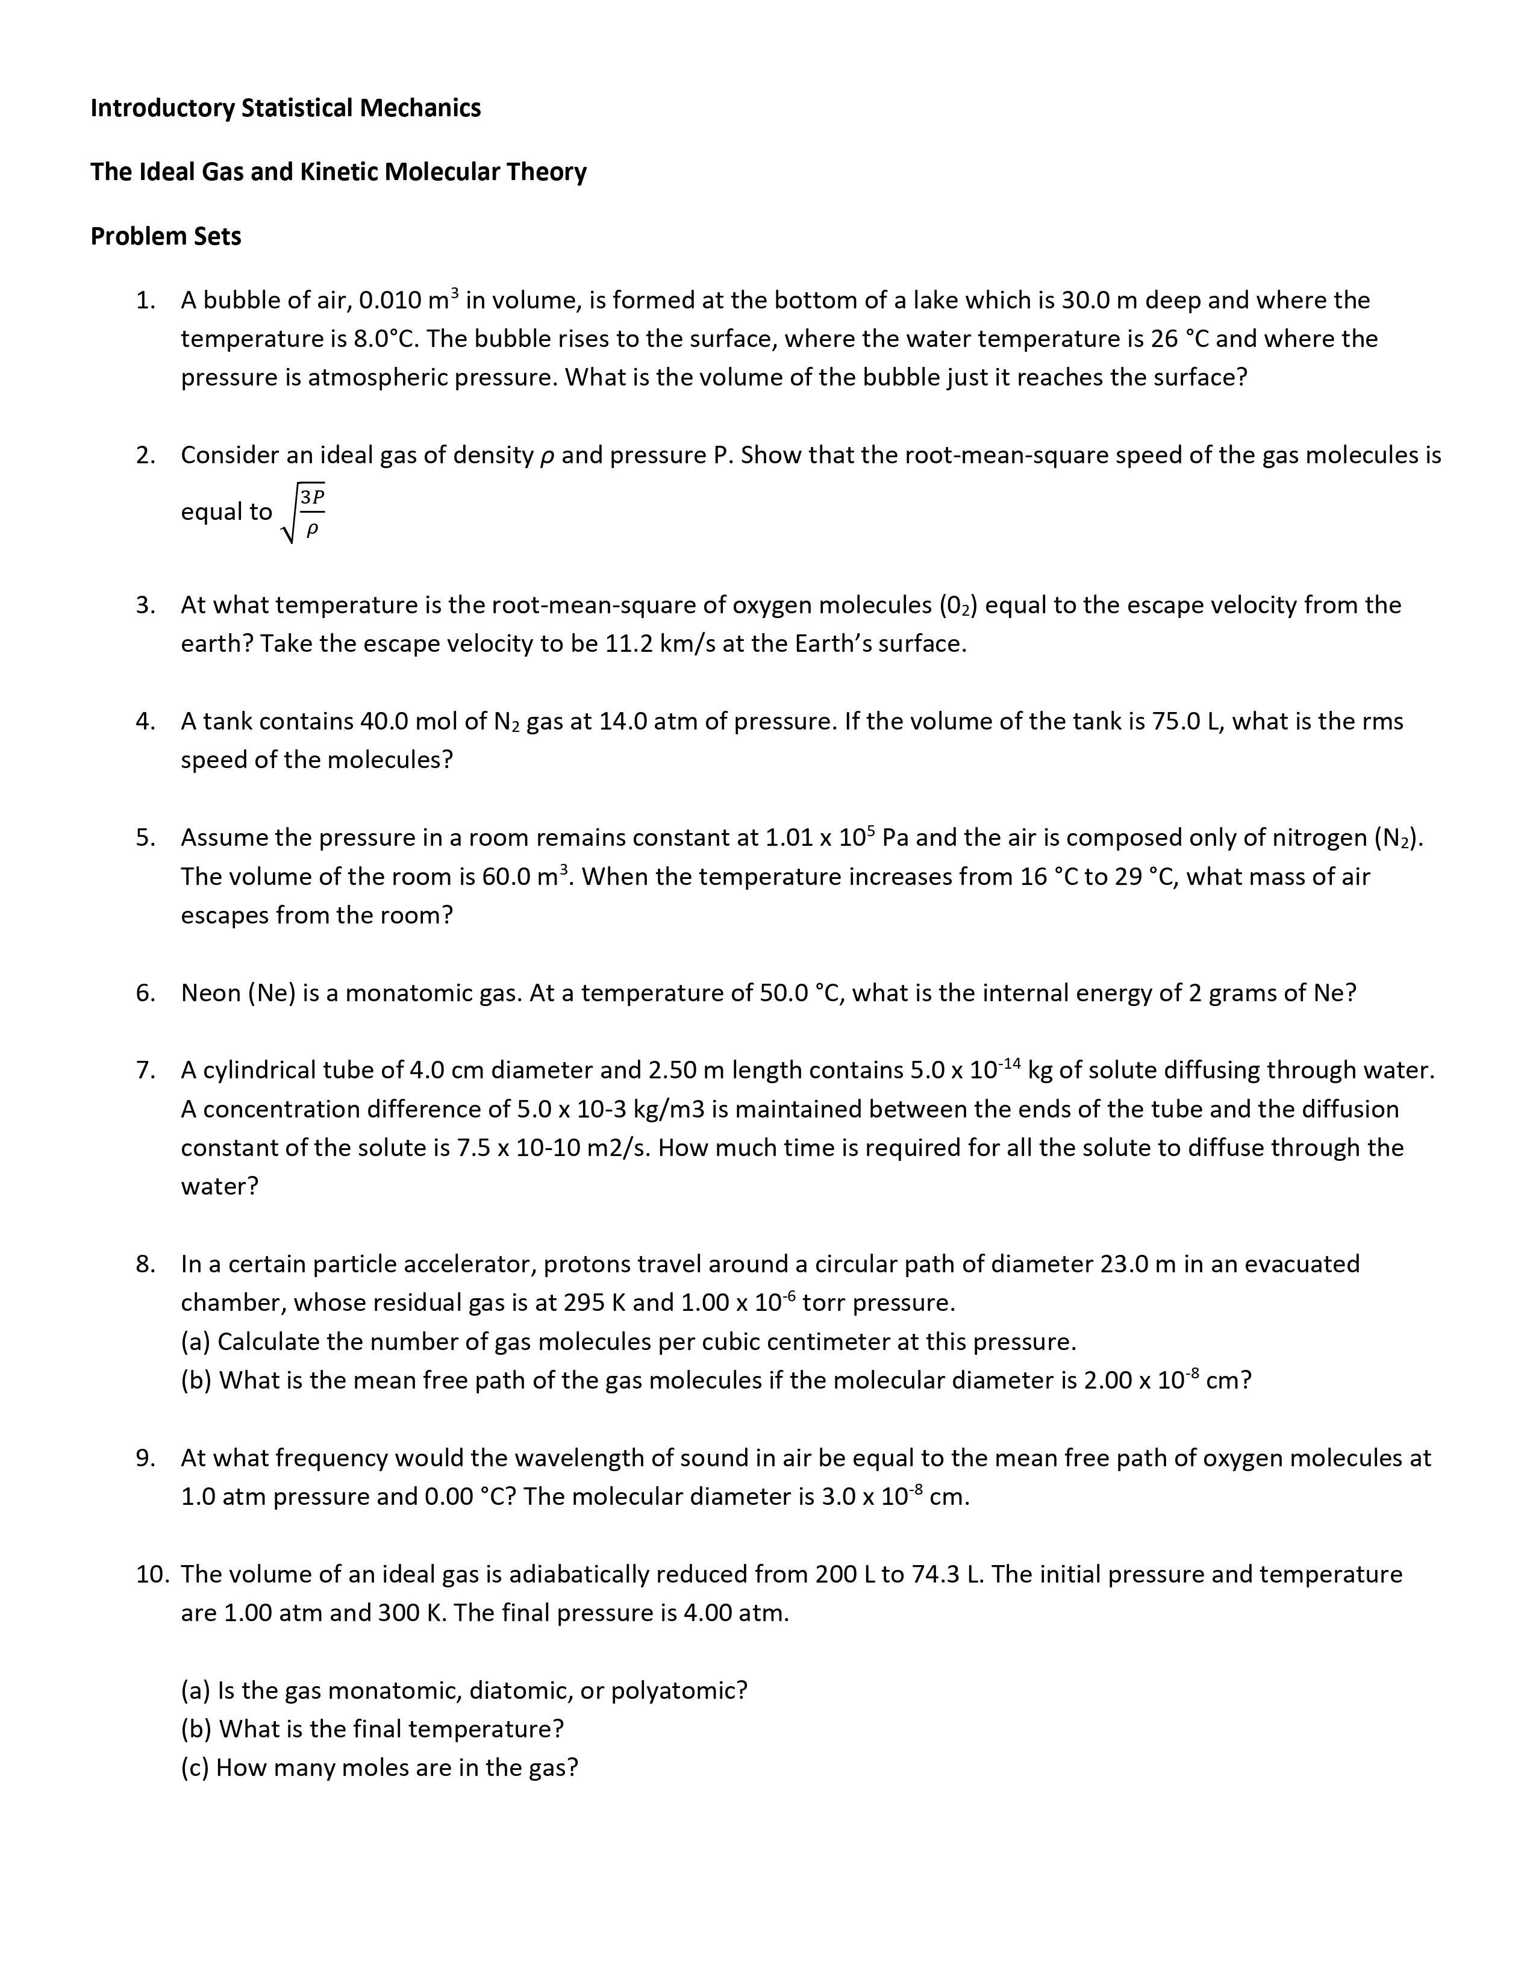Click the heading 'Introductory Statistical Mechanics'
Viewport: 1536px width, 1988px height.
point(285,108)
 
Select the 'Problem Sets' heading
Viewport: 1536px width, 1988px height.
point(166,237)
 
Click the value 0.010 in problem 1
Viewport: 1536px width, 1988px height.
point(390,301)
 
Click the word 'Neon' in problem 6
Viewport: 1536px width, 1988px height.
point(210,993)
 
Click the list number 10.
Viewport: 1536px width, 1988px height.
point(152,1575)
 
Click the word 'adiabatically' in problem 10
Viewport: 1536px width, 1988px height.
point(578,1575)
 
